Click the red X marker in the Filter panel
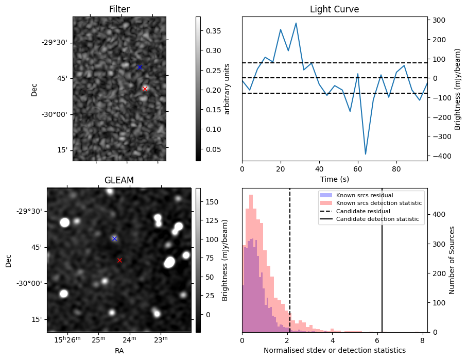point(145,89)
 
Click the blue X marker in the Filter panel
point(140,67)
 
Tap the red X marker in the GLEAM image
point(119,260)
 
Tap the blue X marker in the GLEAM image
point(114,238)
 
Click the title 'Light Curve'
point(334,9)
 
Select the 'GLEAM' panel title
point(119,180)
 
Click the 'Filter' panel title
point(119,9)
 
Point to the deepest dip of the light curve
point(366,154)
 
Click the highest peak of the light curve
point(296,23)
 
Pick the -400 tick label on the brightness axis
point(439,156)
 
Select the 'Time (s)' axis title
point(334,178)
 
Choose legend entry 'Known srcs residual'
point(365,195)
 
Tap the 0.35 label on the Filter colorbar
point(212,31)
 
